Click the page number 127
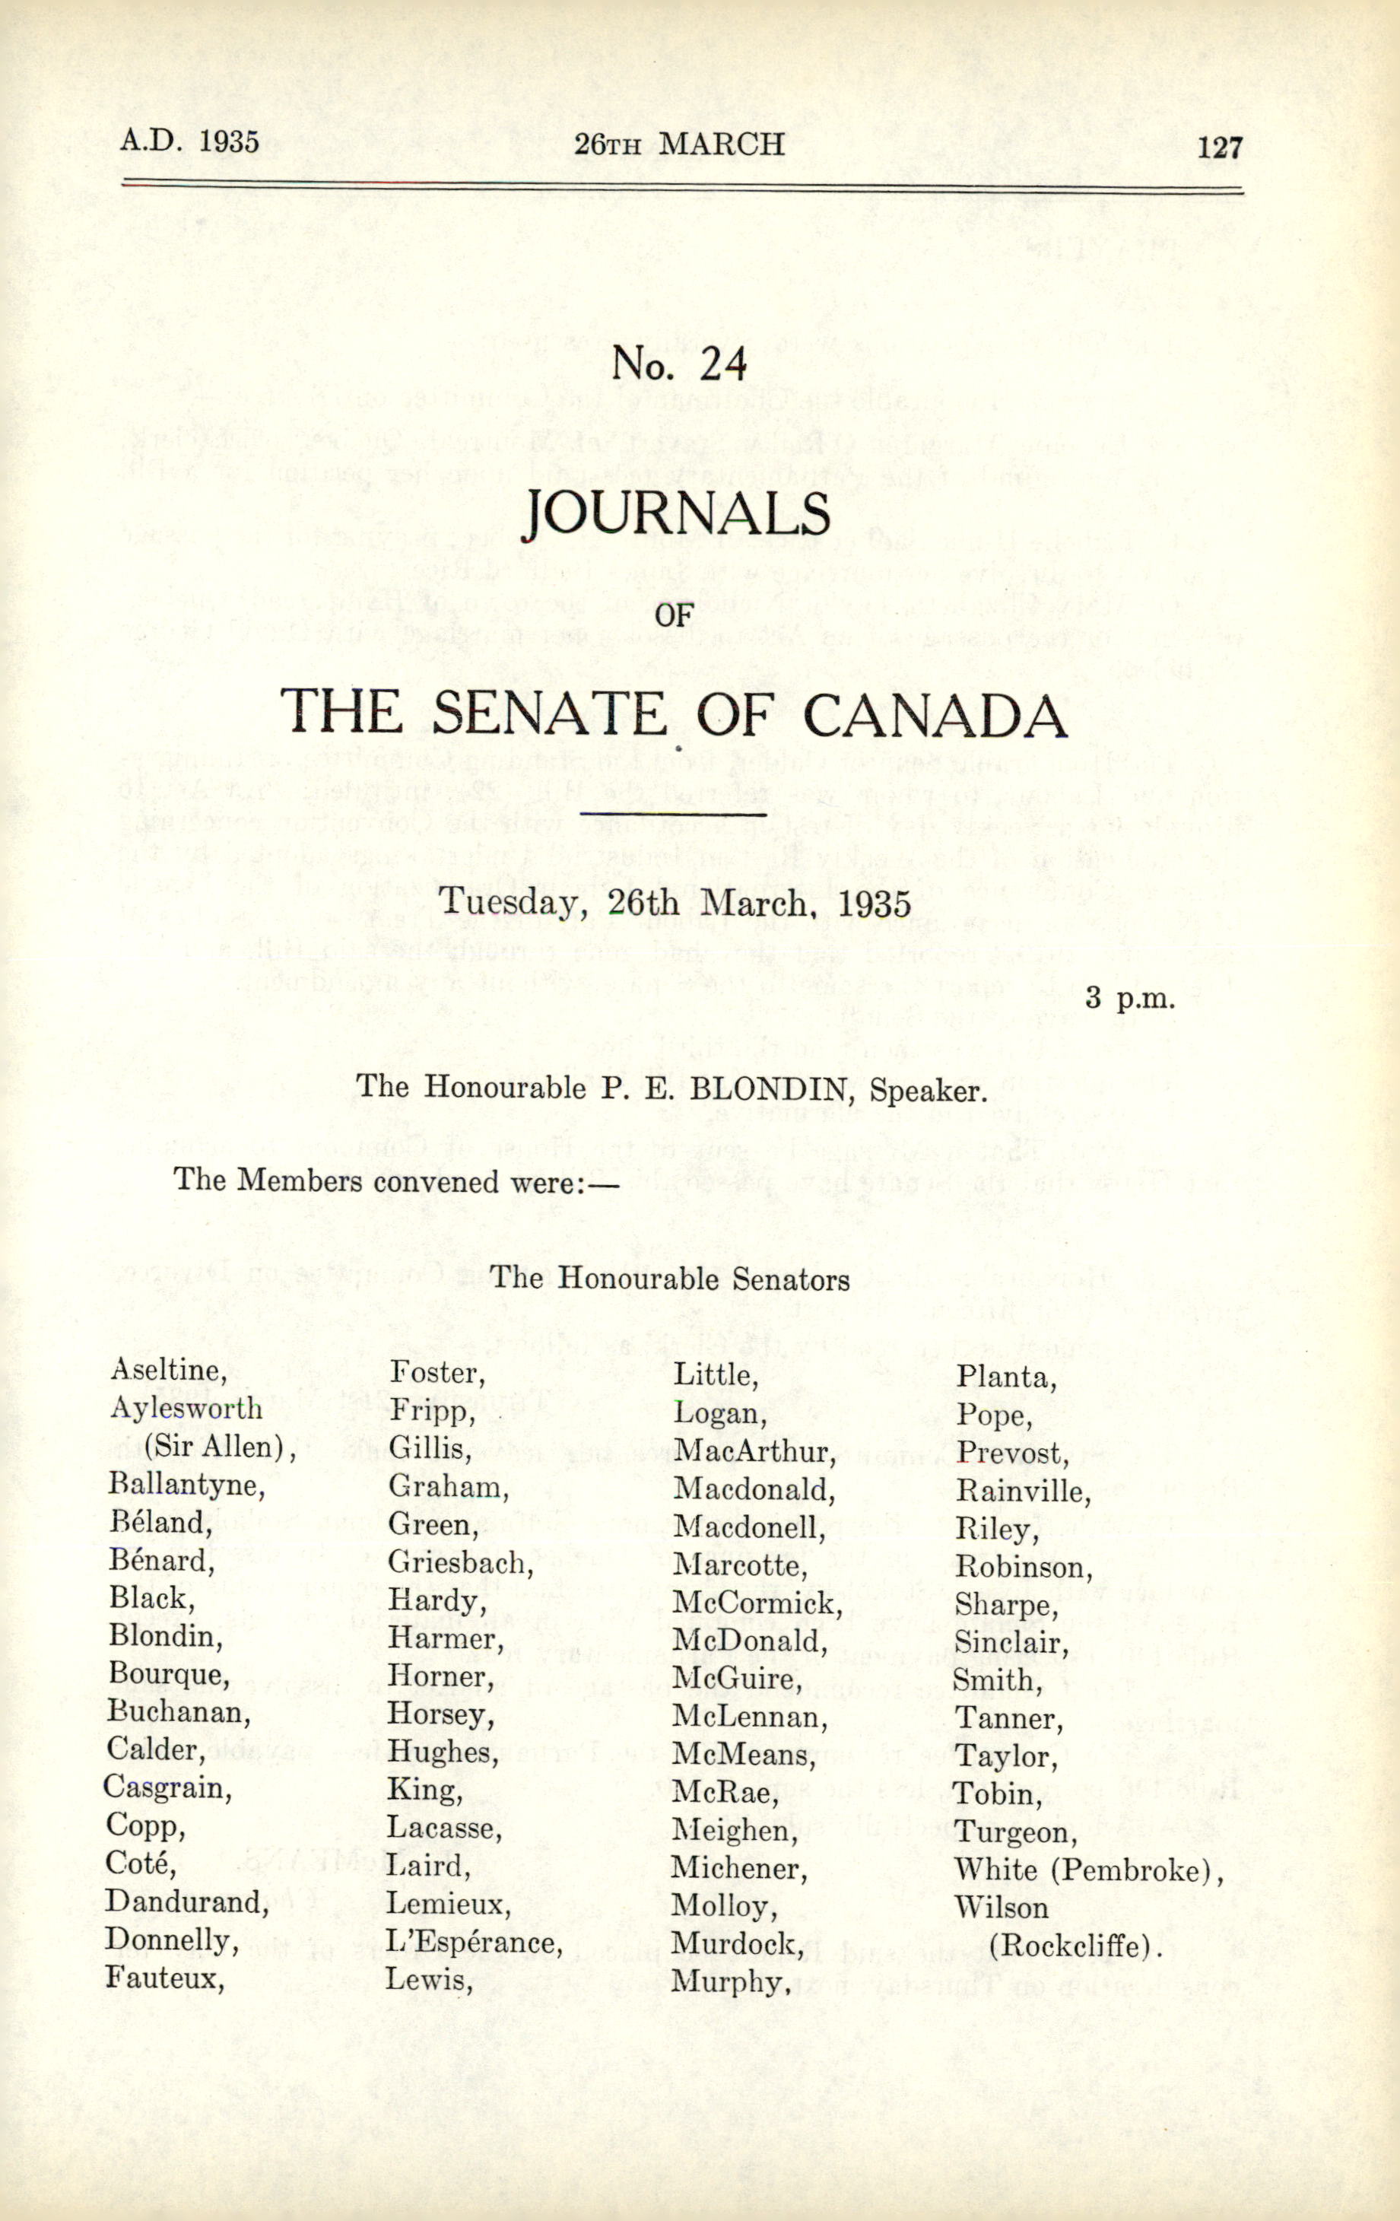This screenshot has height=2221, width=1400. coord(1219,148)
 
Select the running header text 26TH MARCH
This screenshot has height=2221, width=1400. coord(679,144)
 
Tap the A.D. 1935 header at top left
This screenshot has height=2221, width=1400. coord(189,141)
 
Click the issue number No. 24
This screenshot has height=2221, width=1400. coord(679,365)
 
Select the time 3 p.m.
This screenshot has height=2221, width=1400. coord(1130,998)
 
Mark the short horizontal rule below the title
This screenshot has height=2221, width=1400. coord(673,814)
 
